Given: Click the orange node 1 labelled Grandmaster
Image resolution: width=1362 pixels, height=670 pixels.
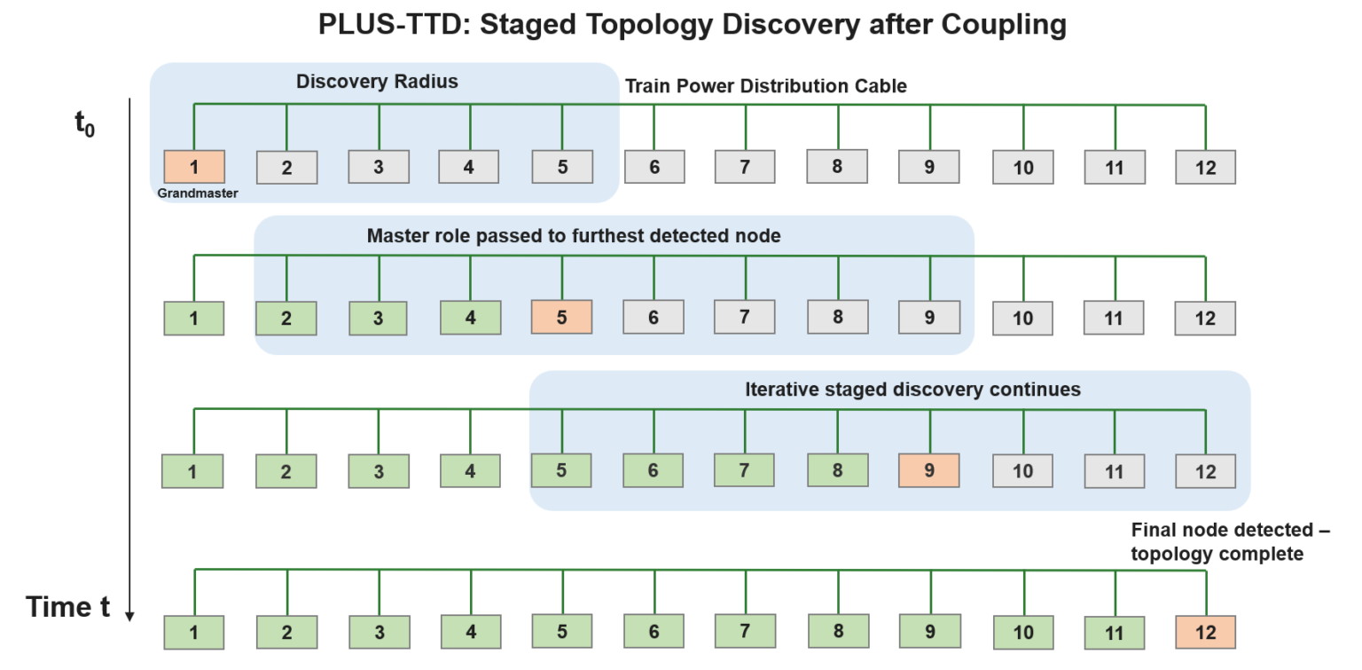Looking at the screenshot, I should (194, 166).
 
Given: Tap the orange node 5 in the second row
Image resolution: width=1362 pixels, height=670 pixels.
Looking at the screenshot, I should (561, 317).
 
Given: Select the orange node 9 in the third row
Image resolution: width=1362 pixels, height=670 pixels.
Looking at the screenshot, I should (929, 469).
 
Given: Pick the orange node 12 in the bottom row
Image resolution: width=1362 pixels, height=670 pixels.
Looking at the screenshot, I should (1205, 632).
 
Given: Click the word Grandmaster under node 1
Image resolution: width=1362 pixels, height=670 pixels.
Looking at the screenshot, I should (198, 193).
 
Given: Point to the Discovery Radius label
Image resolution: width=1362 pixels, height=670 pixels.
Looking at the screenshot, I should (377, 82).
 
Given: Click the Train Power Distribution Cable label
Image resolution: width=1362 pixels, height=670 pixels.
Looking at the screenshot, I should (766, 86).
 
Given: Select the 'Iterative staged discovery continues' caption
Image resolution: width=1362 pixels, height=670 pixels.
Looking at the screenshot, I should (912, 390).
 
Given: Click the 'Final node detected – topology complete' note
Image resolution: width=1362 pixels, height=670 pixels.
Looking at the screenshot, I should (1230, 541).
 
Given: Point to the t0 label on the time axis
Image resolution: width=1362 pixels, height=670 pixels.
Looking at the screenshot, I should (85, 124).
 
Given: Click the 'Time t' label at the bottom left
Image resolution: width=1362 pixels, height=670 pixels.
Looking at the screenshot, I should (68, 607).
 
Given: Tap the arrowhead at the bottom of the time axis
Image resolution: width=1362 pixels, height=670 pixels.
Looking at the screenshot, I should (130, 615).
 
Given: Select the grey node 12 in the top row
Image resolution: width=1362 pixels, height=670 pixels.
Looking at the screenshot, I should (1205, 167).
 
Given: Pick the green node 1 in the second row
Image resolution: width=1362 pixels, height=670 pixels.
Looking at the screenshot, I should (194, 318).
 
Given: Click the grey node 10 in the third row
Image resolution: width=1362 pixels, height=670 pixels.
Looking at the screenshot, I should (1022, 470).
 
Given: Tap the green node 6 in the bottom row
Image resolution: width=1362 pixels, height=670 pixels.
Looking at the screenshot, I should (654, 631).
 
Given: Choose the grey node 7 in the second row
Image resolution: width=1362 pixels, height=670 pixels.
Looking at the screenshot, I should (745, 317).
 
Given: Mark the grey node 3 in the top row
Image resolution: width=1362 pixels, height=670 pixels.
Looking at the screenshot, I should (379, 166).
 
